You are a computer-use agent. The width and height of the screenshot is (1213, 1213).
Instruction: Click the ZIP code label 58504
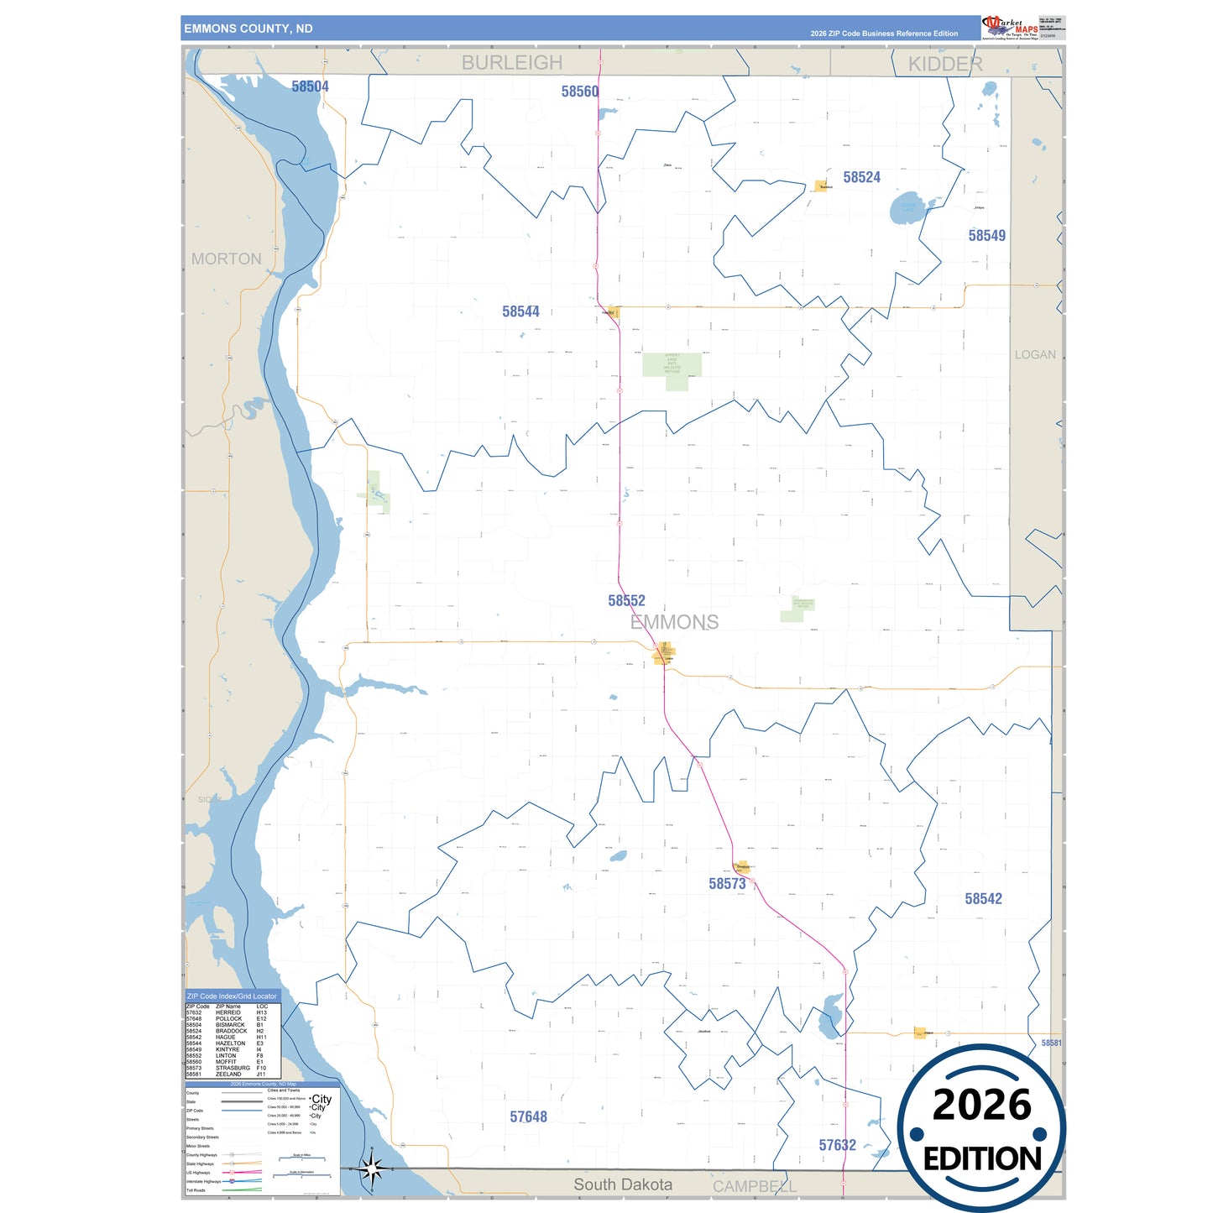(x=310, y=86)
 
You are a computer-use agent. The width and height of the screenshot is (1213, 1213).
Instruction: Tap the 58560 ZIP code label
(x=580, y=91)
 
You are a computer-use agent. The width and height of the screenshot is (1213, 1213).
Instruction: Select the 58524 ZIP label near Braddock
(x=861, y=177)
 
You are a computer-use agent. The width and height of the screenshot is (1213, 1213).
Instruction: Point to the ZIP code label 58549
(x=986, y=236)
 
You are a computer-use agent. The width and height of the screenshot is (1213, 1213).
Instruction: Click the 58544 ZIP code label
(x=520, y=311)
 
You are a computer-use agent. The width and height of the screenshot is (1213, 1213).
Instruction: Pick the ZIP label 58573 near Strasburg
(x=727, y=883)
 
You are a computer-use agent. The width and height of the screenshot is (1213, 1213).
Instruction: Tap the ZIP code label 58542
(x=983, y=899)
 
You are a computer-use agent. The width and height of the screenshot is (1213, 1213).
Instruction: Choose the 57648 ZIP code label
(x=528, y=1116)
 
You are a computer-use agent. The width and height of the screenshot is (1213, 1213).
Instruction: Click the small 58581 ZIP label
(x=1051, y=1043)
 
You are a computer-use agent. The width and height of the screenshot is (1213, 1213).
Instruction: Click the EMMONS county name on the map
(x=674, y=622)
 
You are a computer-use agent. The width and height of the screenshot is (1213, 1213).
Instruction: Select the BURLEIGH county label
(x=512, y=63)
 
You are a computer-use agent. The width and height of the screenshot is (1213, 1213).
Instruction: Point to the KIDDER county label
(x=945, y=64)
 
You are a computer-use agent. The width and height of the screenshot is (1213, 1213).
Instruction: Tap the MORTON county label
(x=226, y=259)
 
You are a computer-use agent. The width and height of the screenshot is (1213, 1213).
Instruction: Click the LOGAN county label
(x=1035, y=355)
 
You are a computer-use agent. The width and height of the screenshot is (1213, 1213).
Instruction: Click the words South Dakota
(x=623, y=1184)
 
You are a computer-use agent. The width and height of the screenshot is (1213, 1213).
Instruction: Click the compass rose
(x=372, y=1168)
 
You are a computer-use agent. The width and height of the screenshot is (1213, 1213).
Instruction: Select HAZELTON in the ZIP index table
(x=230, y=1043)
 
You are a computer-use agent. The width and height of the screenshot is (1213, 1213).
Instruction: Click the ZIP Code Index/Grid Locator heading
(x=232, y=996)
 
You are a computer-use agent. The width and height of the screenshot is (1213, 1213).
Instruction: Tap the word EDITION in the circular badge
(x=982, y=1159)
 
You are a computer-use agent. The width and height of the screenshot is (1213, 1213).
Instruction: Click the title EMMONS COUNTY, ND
(x=248, y=29)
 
